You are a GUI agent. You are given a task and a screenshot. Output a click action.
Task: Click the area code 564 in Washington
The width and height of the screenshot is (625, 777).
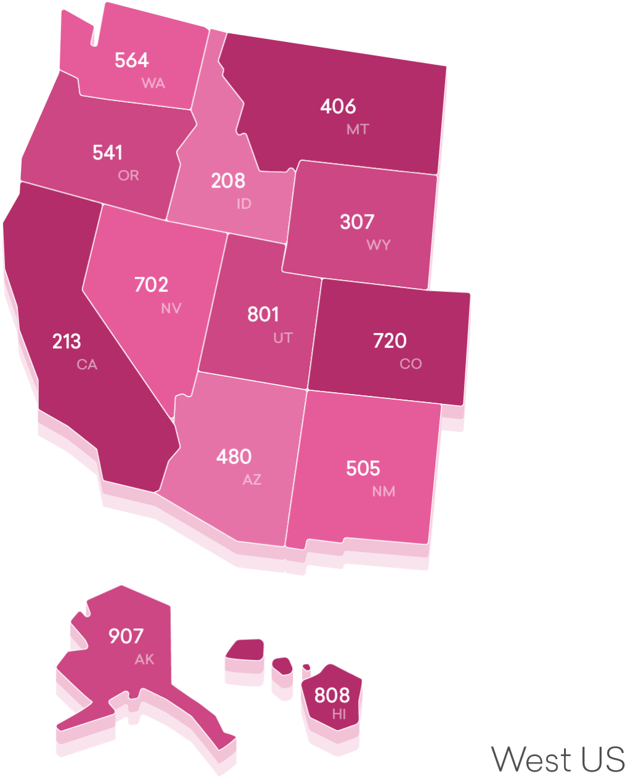[132, 60]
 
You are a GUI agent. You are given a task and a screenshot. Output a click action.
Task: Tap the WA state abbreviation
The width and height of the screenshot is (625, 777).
[153, 83]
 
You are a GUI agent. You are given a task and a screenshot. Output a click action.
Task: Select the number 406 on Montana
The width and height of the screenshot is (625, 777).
[338, 107]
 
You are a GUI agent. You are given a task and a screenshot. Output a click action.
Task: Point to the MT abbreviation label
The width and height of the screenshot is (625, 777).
[357, 129]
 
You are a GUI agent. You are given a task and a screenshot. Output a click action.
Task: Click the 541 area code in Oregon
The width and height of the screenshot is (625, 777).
[108, 153]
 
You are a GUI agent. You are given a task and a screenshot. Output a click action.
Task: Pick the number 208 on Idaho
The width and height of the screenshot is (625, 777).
[228, 181]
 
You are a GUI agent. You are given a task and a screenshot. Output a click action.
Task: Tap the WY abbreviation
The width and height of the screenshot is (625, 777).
[378, 245]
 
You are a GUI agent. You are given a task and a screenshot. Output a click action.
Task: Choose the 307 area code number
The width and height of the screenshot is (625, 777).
[357, 222]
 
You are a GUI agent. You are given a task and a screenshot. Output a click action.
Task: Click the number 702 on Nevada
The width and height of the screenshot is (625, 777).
[151, 285]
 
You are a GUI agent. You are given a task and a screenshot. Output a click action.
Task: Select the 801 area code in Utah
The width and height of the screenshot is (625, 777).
[263, 314]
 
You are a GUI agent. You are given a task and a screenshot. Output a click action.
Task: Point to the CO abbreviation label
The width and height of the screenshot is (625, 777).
[411, 364]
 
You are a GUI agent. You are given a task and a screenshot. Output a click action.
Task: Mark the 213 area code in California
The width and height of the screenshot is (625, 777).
[67, 342]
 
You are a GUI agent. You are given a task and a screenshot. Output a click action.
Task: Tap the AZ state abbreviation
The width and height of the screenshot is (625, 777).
[252, 480]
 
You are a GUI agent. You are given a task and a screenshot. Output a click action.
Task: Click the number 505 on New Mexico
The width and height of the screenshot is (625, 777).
[363, 469]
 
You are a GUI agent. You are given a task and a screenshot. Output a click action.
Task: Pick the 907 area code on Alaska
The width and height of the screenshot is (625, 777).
[126, 636]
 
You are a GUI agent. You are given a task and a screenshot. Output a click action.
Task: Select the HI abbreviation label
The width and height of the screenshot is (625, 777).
[339, 715]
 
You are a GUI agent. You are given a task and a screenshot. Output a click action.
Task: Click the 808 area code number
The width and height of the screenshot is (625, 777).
[332, 696]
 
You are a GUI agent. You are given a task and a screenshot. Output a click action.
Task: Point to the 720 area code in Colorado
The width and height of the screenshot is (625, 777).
[390, 341]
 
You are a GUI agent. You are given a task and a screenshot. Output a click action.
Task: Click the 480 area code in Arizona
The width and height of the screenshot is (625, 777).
[234, 457]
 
